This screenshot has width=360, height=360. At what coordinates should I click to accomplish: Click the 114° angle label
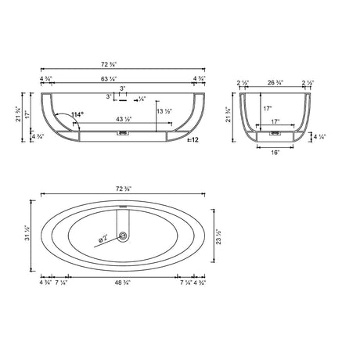[77, 114]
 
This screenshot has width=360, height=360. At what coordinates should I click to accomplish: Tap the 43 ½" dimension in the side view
[119, 119]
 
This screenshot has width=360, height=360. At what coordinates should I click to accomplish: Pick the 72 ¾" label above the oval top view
[120, 190]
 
